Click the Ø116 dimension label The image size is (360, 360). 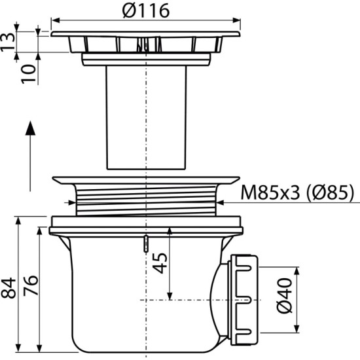146,10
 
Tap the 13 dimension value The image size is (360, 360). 8,42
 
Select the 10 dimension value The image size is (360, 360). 29,74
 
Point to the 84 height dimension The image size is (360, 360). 9,288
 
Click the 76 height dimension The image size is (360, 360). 31,285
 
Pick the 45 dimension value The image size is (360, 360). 160,263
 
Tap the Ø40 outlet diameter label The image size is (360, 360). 285,296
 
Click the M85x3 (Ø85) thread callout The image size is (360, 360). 297,192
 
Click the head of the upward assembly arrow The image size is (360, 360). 30,128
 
